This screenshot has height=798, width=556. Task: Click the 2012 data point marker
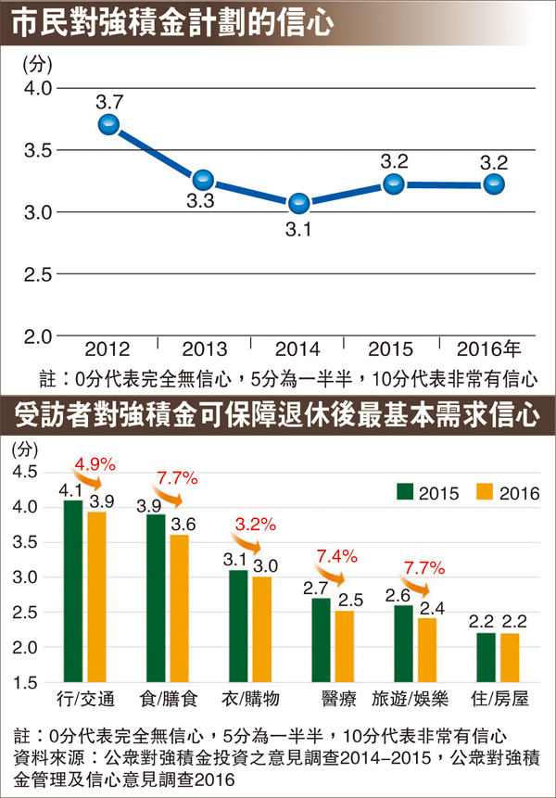click(108, 124)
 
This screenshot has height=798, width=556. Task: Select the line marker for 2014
click(297, 203)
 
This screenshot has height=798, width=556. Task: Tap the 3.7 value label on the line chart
click(107, 100)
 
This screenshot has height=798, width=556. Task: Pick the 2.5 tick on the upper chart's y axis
click(36, 274)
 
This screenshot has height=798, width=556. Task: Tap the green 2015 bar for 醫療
click(322, 640)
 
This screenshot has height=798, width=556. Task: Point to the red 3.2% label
click(256, 525)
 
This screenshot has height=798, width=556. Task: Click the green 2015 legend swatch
click(405, 491)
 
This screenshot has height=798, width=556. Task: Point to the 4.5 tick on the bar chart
click(25, 472)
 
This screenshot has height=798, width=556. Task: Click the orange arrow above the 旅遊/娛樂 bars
click(423, 586)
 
